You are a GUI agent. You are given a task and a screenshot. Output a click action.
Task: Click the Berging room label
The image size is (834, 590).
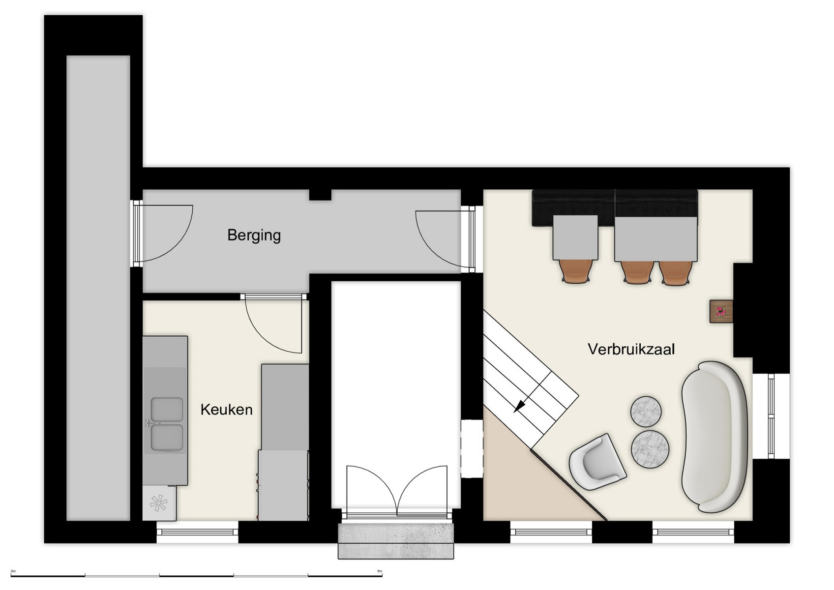point(254,235)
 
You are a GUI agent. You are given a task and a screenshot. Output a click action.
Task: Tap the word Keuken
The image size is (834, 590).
point(226,410)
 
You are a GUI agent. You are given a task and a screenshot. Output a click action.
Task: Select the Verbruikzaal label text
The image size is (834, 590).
point(631,349)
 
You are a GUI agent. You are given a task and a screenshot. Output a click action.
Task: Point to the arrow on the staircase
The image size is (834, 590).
point(519,405)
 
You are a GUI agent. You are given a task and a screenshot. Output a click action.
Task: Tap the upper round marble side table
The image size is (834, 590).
point(646,411)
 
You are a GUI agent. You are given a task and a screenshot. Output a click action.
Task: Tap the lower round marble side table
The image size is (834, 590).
point(650,449)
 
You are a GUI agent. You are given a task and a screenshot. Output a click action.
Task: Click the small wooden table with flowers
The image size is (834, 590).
point(721,311)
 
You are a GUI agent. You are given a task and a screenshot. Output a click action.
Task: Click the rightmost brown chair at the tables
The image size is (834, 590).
point(675,273)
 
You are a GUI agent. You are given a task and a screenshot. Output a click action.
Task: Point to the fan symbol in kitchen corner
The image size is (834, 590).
point(158,502)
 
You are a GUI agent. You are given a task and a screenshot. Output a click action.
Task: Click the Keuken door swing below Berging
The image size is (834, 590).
point(273,324)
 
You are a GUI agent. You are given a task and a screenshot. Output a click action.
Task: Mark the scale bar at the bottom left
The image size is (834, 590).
point(197,574)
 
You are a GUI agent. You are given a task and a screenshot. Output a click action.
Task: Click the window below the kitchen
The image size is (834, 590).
point(197,532)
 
